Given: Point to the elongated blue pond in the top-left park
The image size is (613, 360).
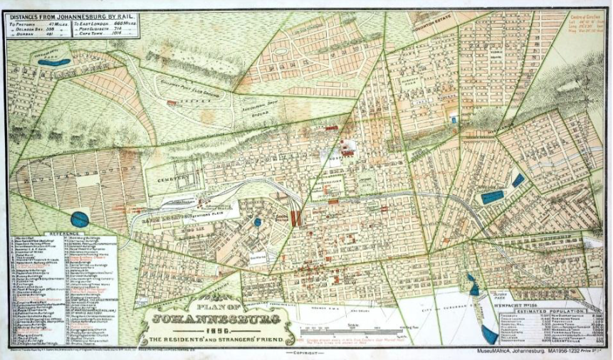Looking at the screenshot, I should click(53, 63).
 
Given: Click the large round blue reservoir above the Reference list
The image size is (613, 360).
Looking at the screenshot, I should click(80, 220).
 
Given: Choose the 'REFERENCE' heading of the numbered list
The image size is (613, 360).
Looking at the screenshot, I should click(65, 233).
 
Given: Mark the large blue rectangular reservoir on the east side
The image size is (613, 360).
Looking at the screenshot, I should click(491, 197).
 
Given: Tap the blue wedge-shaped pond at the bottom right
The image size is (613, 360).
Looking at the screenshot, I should click(490, 334).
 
